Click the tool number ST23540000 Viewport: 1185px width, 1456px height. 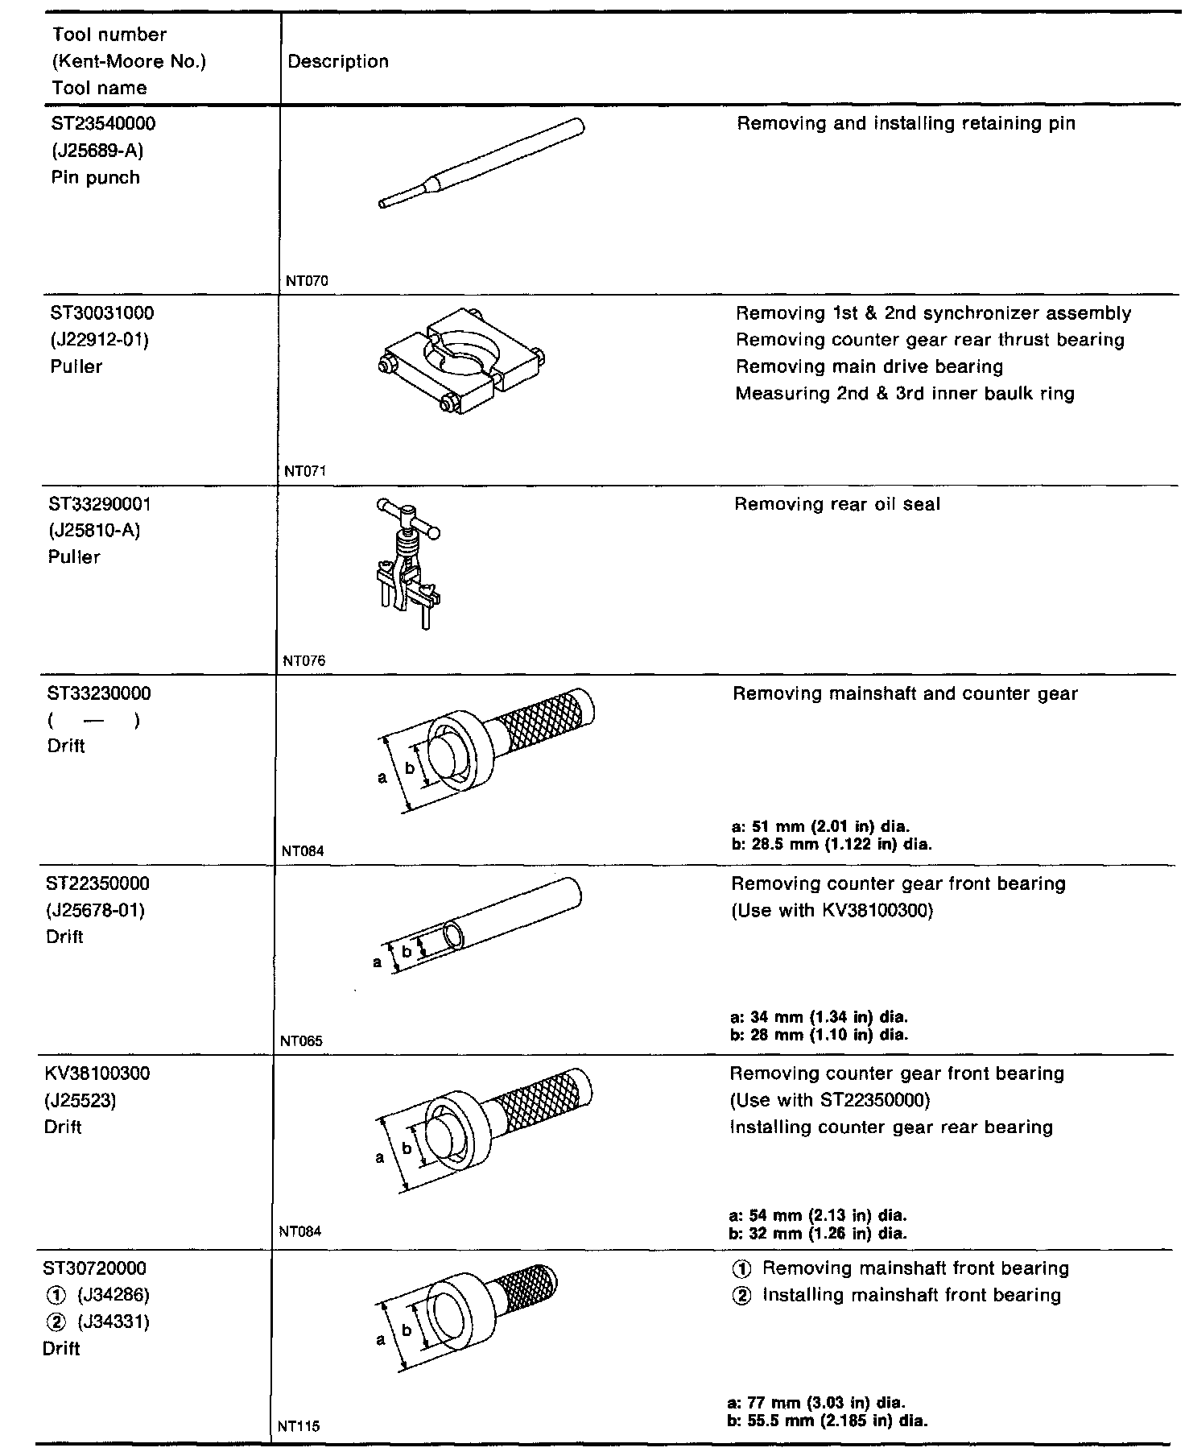102,124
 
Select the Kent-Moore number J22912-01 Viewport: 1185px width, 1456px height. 99,340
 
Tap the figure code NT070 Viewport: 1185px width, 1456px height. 307,281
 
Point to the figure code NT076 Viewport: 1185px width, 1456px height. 304,661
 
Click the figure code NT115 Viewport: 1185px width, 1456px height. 299,1426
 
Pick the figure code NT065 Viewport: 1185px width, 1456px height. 301,1041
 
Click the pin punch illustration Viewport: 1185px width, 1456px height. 481,163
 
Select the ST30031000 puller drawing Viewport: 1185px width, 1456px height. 461,359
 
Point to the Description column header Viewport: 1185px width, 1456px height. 338,62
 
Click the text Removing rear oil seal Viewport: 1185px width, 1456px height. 837,505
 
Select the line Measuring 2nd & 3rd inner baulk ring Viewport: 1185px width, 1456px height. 905,394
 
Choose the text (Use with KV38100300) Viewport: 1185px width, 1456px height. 832,911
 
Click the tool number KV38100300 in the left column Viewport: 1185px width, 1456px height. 97,1073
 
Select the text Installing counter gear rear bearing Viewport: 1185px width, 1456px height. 891,1127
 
